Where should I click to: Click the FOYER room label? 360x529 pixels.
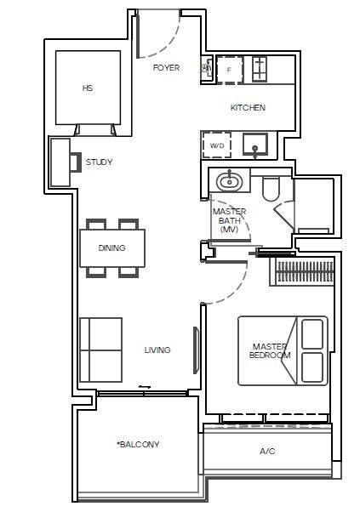click(x=166, y=67)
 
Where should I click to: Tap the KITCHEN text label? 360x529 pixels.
click(x=248, y=108)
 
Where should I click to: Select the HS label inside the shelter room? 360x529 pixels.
click(x=87, y=88)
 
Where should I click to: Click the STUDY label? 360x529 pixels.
click(x=99, y=162)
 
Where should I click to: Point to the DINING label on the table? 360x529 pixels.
click(x=111, y=248)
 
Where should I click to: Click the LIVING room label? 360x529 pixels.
click(x=157, y=350)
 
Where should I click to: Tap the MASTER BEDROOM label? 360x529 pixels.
click(x=271, y=350)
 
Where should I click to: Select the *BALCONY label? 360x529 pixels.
click(x=138, y=445)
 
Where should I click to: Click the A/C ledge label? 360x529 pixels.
click(x=267, y=452)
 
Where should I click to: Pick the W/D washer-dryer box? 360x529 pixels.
click(x=217, y=145)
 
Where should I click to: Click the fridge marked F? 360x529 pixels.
click(x=229, y=70)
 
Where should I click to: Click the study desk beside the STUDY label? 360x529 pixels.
click(x=60, y=162)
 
